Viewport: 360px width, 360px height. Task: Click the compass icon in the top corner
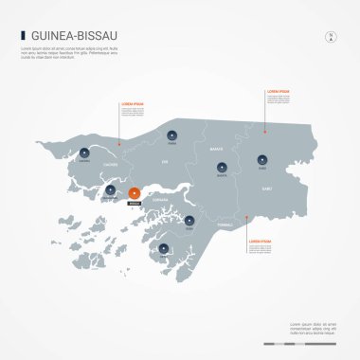coord(331,37)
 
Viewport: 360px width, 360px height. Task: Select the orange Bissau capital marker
coord(134,193)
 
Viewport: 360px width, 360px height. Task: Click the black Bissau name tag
coord(134,203)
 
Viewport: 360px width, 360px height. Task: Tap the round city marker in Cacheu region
coord(84,153)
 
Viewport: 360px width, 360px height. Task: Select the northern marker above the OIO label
coord(171,135)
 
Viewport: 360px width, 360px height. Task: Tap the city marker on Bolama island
coord(164,249)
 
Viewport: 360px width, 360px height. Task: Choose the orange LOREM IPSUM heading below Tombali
coord(260,242)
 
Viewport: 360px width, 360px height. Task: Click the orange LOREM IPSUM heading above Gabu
coord(278,90)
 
